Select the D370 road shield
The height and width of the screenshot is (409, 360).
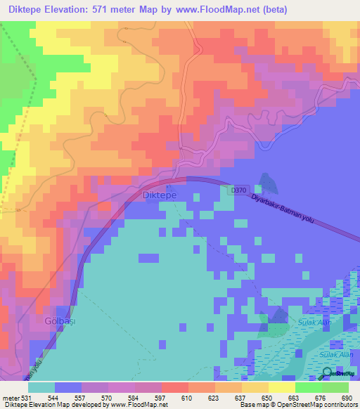238,189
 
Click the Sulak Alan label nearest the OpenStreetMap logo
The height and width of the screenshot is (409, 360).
336,356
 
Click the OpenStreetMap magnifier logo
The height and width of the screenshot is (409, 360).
328,372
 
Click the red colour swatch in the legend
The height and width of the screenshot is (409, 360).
174,387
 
